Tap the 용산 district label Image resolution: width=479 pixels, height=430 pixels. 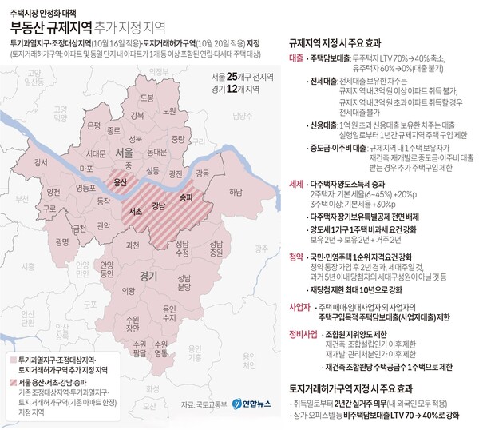click(x=121, y=181)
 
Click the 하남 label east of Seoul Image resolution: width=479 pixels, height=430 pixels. click(x=235, y=193)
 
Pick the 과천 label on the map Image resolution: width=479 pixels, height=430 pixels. click(x=133, y=245)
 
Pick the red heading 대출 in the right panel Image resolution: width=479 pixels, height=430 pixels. click(x=296, y=59)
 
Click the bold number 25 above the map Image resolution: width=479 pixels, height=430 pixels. click(x=232, y=75)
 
